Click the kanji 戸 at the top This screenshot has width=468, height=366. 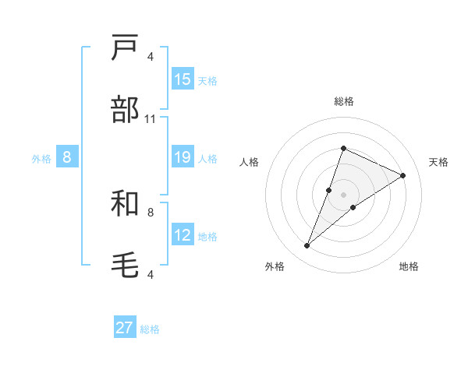tap(126, 48)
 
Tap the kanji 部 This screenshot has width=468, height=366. tap(126, 111)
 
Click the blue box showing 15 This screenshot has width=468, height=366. tap(183, 79)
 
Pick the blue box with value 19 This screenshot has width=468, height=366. tap(183, 157)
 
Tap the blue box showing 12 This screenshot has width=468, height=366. tap(183, 235)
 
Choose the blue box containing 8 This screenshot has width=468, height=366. tap(67, 157)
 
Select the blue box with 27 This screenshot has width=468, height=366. tap(125, 328)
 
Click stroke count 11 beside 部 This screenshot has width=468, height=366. tap(151, 119)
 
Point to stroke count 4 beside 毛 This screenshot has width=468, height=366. tap(151, 274)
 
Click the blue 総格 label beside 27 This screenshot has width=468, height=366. tap(150, 329)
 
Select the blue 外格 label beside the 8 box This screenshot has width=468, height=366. tap(41, 159)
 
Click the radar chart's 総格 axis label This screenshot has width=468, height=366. tap(343, 101)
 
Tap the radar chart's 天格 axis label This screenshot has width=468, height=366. tap(438, 162)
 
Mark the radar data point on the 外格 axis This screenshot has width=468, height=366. tap(307, 246)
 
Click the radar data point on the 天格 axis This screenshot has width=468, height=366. tap(402, 175)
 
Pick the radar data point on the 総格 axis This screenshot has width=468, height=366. tap(343, 148)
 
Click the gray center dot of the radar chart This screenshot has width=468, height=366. tap(343, 195)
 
